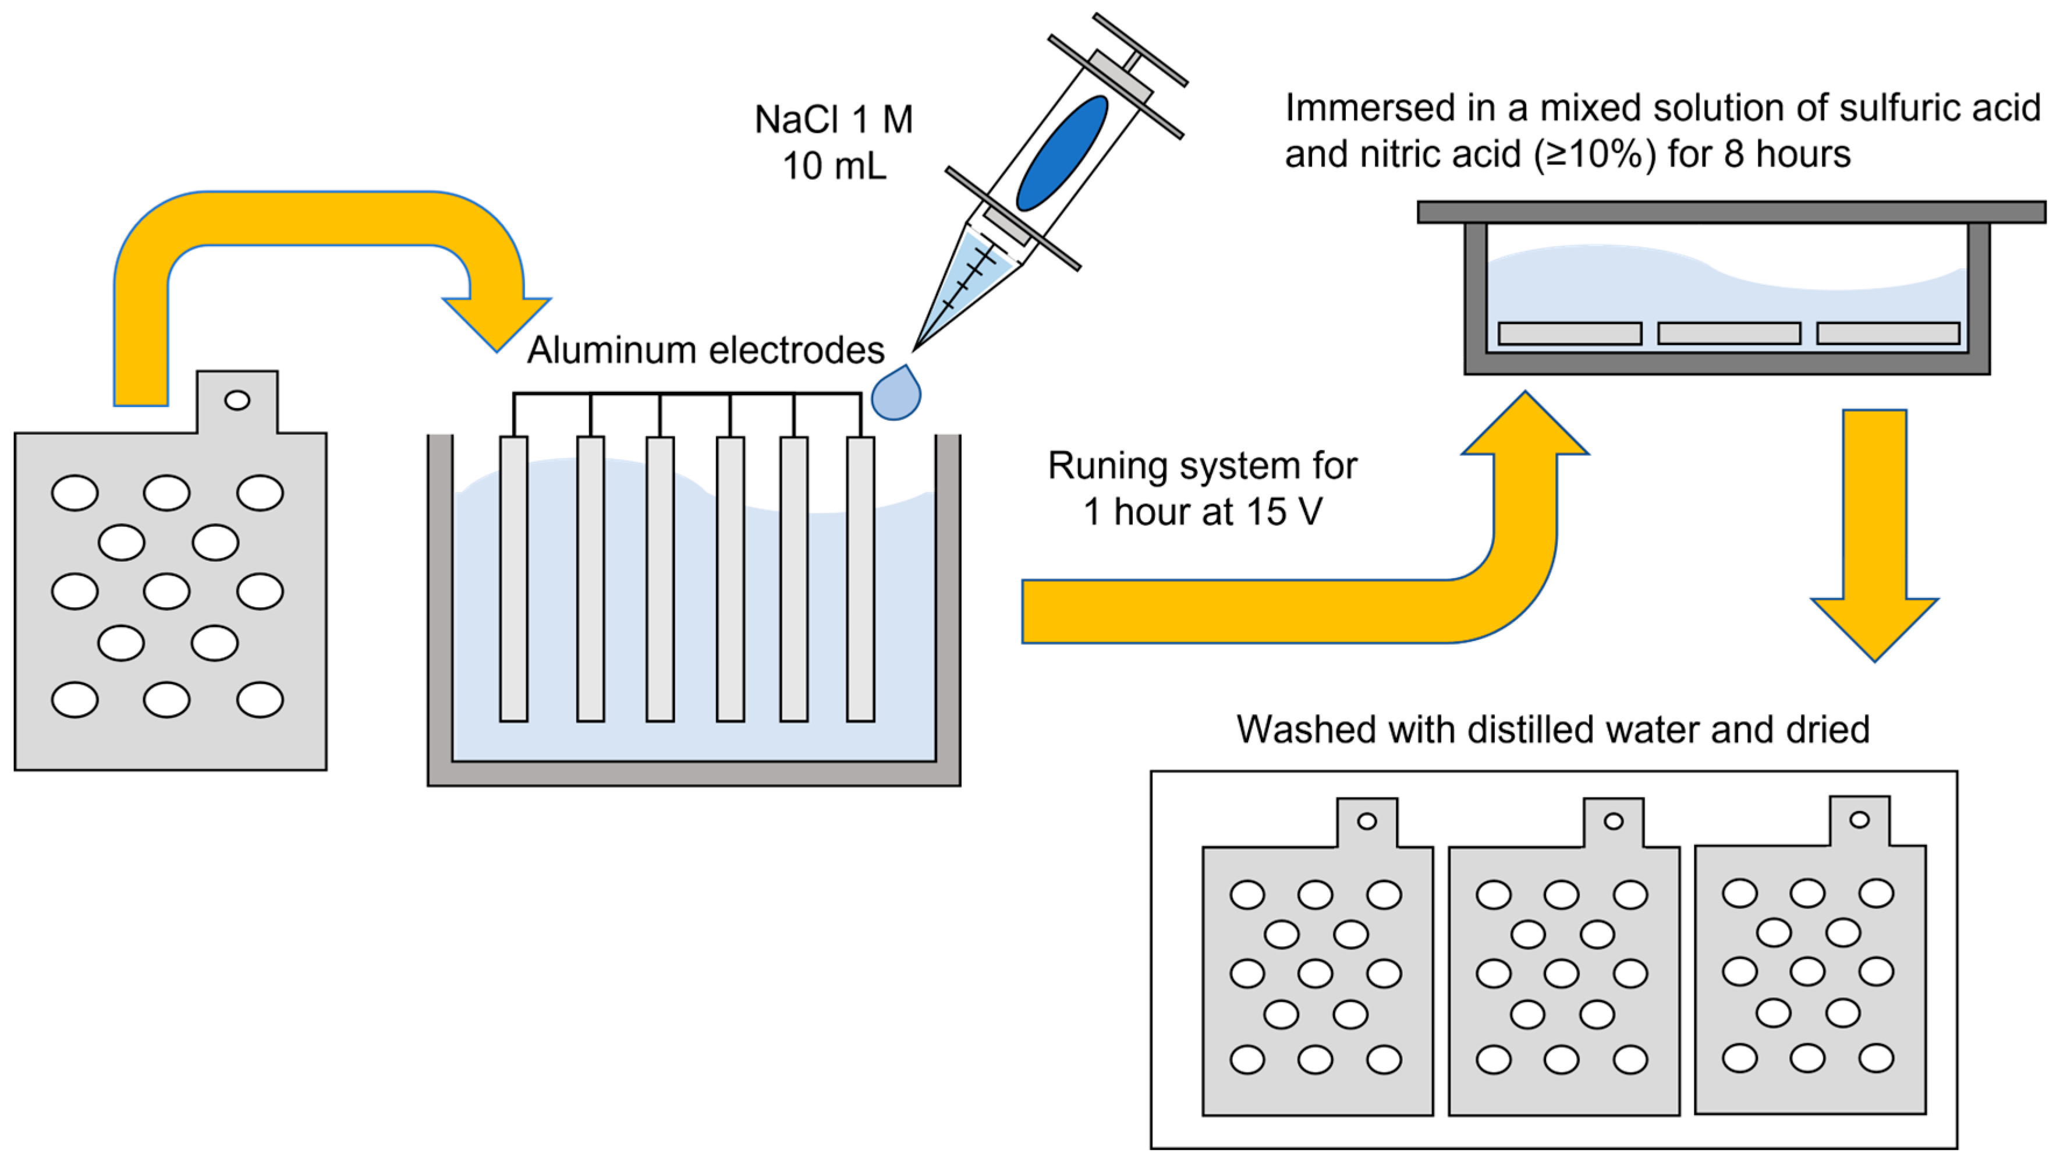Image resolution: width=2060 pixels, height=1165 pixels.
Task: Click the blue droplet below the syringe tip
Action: pos(895,393)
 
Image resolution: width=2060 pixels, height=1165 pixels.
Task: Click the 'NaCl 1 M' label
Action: pos(834,119)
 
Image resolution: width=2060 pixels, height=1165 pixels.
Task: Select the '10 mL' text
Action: pos(834,167)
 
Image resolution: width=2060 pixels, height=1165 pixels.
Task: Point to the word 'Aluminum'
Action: pos(611,350)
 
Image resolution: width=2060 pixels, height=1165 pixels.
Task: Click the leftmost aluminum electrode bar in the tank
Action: pos(513,579)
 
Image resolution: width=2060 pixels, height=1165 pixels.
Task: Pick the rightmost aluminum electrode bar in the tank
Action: pos(860,579)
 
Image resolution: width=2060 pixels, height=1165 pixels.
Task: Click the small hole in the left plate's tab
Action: pos(237,400)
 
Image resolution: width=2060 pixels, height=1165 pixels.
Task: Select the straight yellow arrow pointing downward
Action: pos(1874,534)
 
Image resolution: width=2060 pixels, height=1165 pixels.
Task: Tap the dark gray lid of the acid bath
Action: pos(1731,211)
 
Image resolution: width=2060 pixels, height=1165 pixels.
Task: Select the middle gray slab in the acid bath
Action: pos(1729,333)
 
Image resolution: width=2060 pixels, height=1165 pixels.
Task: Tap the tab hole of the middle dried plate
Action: pos(1614,821)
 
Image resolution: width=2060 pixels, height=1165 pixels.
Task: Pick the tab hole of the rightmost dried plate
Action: pos(1860,819)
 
